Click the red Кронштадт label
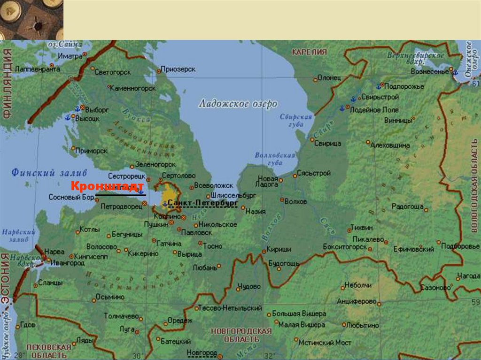(107, 186)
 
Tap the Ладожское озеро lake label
(238, 104)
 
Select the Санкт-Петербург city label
(202, 203)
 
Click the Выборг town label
(98, 109)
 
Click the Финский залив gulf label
(43, 173)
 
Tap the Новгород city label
(202, 352)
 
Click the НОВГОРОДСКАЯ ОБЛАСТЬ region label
(241, 335)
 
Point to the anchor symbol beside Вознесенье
(454, 72)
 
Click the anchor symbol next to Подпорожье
(379, 86)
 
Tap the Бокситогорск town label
(345, 246)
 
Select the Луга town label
(127, 329)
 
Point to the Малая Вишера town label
(301, 325)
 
